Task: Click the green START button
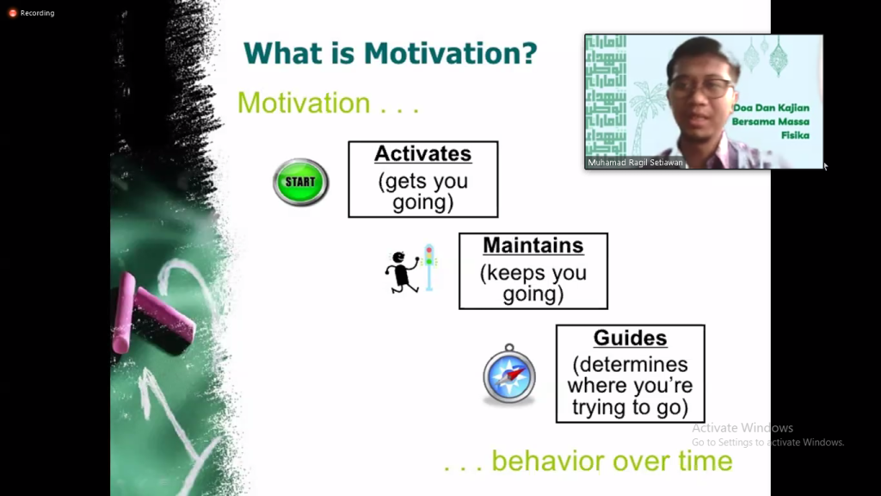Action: (300, 183)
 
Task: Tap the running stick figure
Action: (402, 272)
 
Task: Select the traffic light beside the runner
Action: (429, 267)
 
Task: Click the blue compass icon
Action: (509, 375)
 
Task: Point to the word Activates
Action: (423, 153)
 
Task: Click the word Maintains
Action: (533, 245)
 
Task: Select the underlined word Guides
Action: (630, 338)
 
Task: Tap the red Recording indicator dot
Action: (12, 13)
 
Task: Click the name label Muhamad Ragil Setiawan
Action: (635, 163)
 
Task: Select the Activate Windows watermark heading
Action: (742, 428)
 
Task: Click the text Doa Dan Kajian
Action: (771, 108)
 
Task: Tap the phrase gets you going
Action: (423, 192)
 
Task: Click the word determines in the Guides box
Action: (630, 364)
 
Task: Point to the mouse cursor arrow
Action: (825, 166)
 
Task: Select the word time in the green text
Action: (705, 462)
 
